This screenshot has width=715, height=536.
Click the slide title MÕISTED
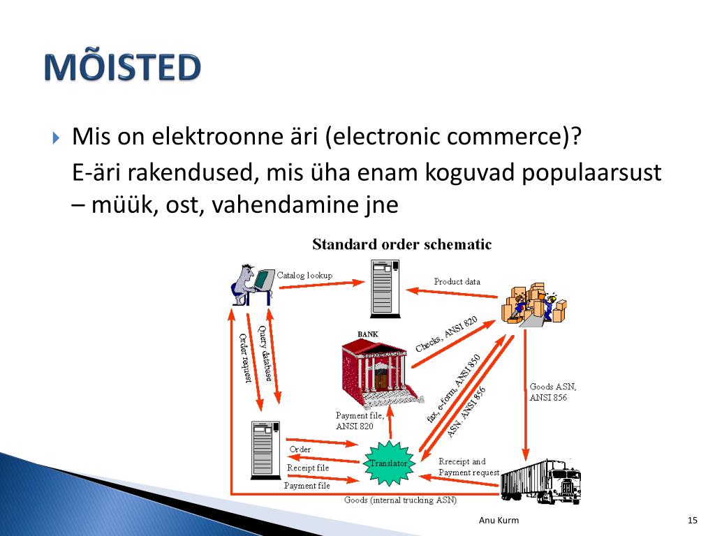[x=122, y=68]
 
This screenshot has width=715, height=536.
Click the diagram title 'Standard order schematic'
[x=401, y=244]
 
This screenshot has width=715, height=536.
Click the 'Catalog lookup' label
[x=304, y=275]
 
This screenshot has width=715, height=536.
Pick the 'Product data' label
[x=457, y=281]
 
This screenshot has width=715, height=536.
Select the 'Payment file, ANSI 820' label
[x=354, y=421]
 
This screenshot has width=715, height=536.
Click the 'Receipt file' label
[x=308, y=468]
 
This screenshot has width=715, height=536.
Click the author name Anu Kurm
[x=499, y=521]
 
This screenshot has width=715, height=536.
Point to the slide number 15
[x=693, y=521]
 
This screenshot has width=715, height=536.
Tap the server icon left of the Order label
[x=265, y=449]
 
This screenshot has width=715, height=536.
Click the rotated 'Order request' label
[x=245, y=358]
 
